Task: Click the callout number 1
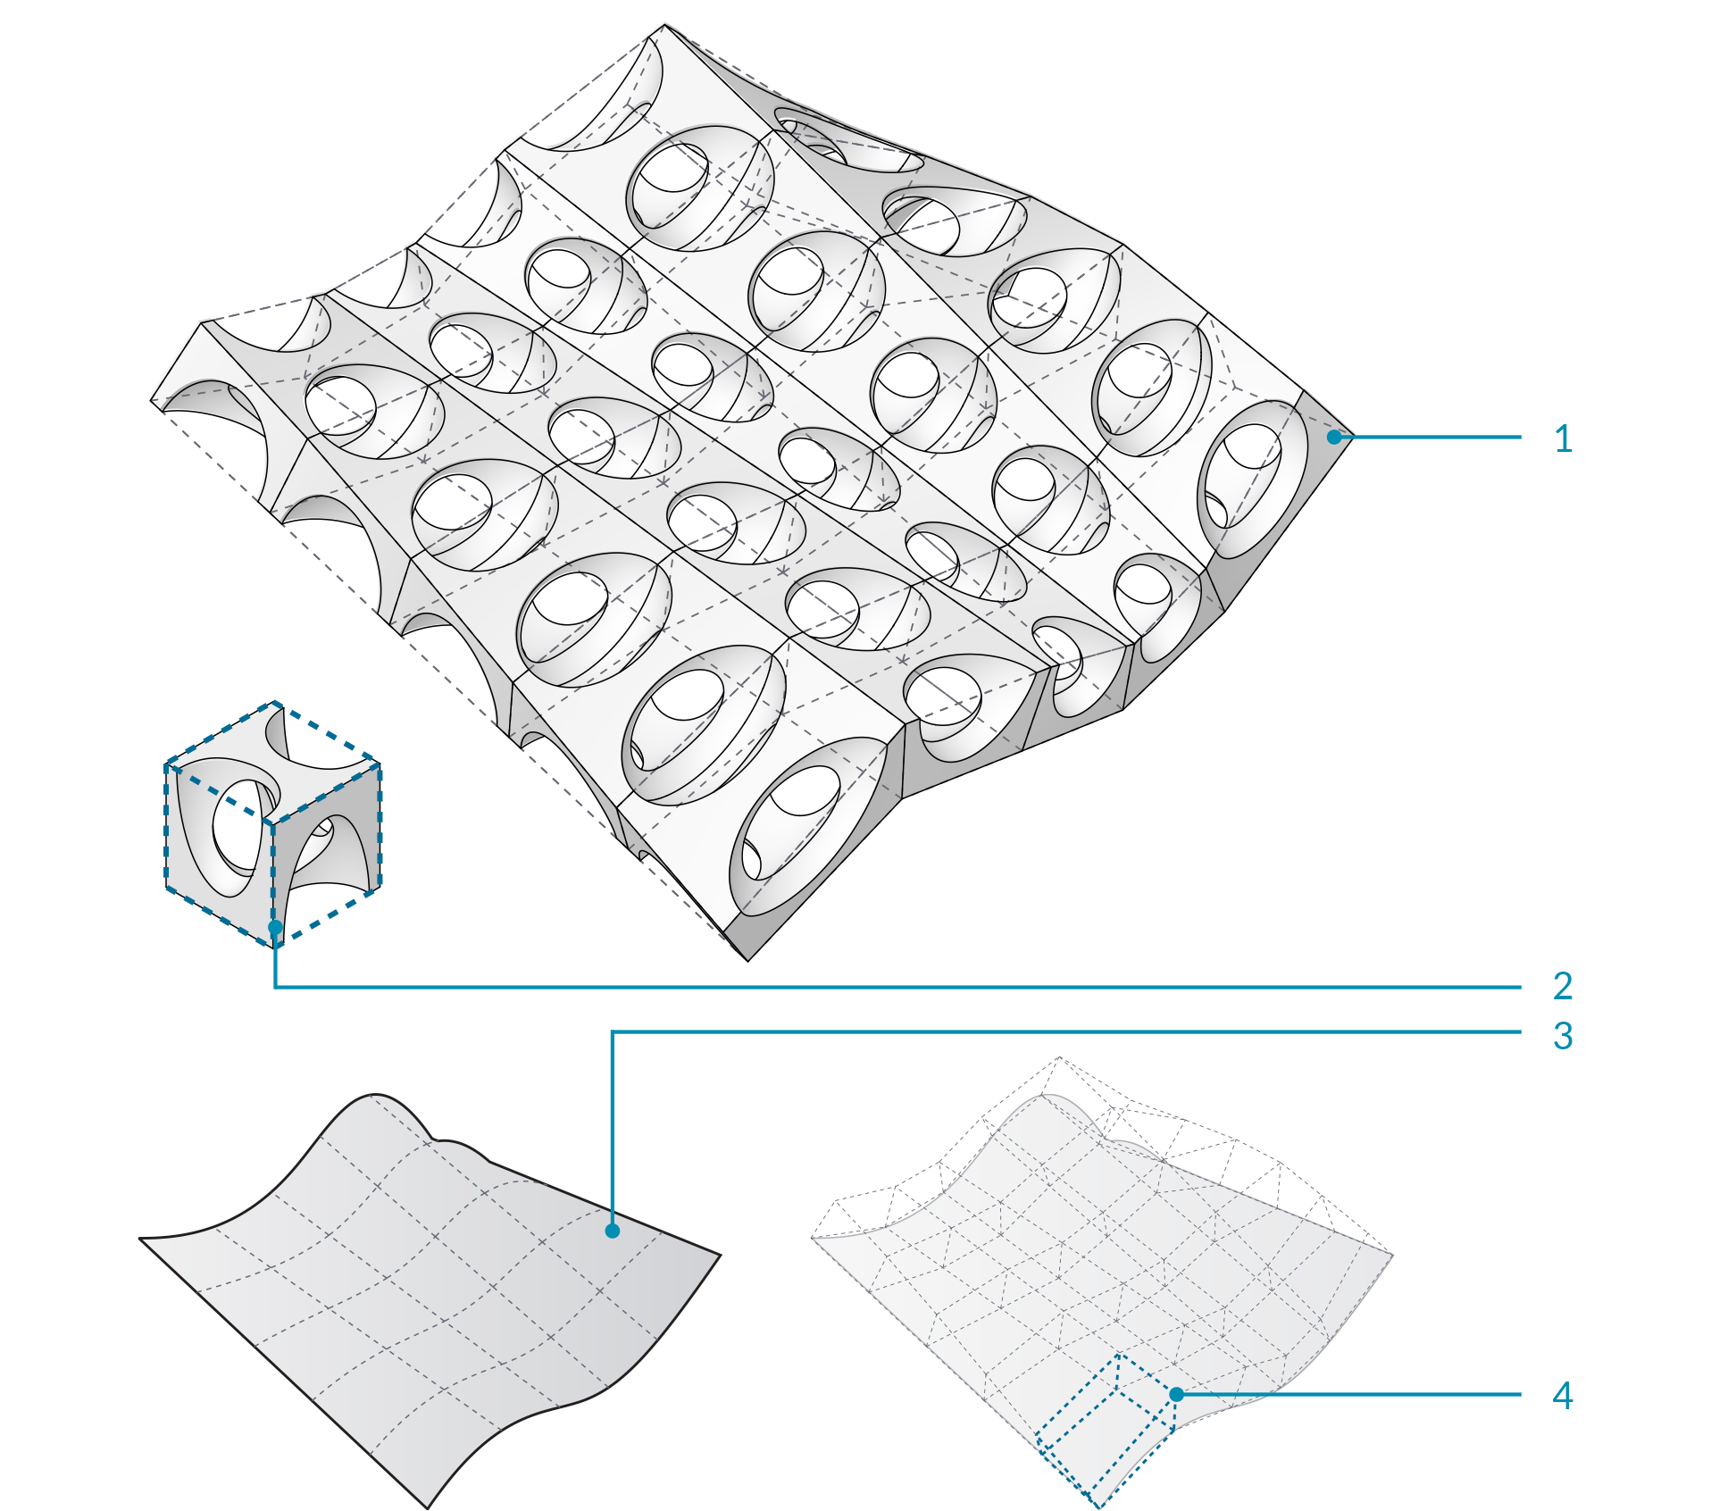tap(1563, 438)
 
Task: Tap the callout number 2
tap(1563, 986)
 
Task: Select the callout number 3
tap(1563, 1036)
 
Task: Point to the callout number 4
tap(1563, 1395)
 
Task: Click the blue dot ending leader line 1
tap(1334, 437)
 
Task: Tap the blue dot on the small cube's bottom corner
tap(275, 927)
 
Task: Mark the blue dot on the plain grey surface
tap(613, 1231)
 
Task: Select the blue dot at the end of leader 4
tap(1177, 1394)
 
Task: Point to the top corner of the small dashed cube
tap(275, 703)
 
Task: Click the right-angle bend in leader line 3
tap(613, 1032)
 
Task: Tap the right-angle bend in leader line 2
tap(275, 987)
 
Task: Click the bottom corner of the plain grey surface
tap(429, 1508)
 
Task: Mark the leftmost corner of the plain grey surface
tap(140, 1239)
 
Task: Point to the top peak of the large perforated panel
tap(664, 25)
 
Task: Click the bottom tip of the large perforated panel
tap(747, 961)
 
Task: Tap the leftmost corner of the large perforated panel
tap(151, 402)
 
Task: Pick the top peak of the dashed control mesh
tap(1059, 1057)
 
